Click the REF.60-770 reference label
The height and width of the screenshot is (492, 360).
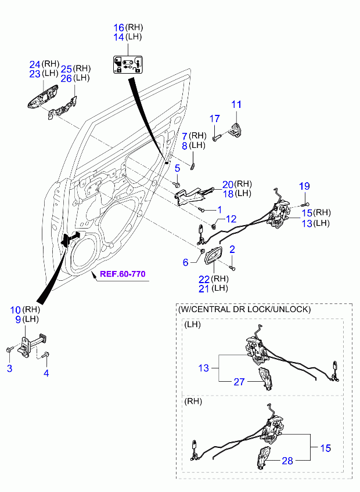[123, 274]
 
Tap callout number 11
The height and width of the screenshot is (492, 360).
[236, 104]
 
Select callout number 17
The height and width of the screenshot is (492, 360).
[215, 118]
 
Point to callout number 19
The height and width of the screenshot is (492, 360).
[304, 186]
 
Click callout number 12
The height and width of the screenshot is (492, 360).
[231, 219]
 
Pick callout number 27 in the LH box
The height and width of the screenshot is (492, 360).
[239, 382]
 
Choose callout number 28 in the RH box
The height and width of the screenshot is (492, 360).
[287, 461]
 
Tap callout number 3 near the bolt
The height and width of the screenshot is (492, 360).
[9, 368]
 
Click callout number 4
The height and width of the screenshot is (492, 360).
[46, 373]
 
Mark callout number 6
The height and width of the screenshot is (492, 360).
[186, 262]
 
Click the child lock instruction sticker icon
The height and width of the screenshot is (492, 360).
[128, 64]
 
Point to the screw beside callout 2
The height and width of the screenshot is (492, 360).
[232, 267]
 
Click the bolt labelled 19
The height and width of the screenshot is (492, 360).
[304, 205]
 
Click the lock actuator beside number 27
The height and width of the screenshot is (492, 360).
[265, 379]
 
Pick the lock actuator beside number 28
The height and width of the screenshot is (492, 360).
[262, 458]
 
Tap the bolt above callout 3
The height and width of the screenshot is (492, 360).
[10, 349]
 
